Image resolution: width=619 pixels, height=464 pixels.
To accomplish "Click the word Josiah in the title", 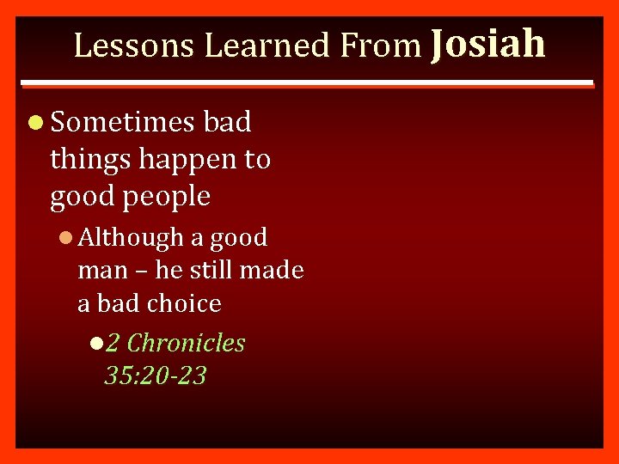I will pos(487,43).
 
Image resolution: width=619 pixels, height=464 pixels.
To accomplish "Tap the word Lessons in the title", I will pos(135,46).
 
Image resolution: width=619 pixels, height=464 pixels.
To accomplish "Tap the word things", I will pos(89,160).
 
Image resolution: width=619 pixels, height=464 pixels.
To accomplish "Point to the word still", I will pos(210,270).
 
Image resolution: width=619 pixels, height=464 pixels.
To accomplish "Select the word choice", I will pos(184,303).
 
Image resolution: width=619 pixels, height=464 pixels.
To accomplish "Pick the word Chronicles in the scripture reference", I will pos(186,343).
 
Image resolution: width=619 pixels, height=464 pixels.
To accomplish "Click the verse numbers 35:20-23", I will pos(155,375).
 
